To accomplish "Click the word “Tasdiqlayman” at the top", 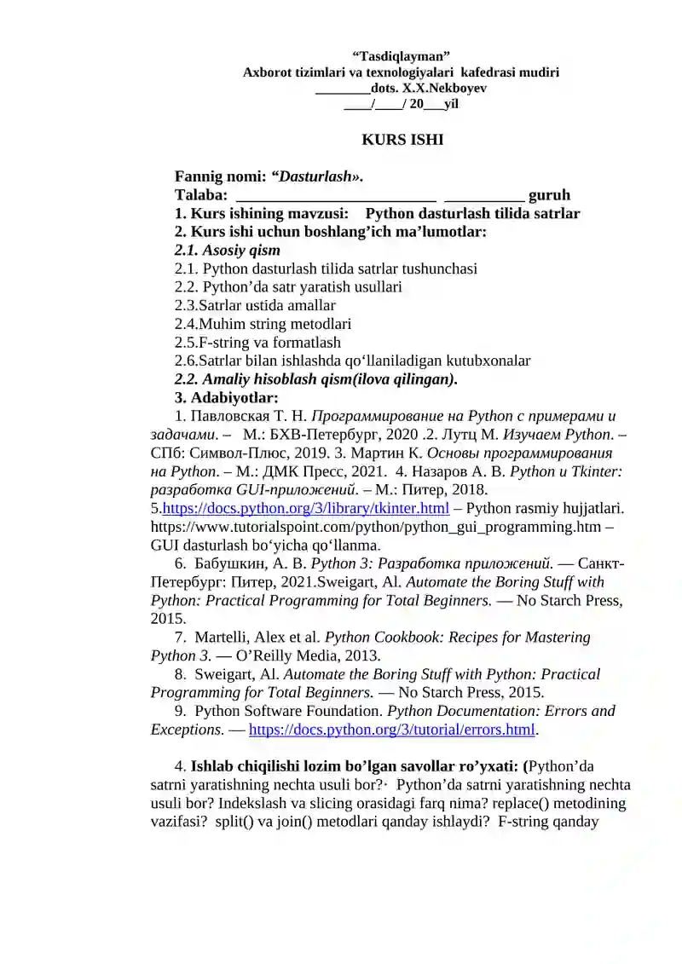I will coord(401,56).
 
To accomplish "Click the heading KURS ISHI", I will coord(402,139).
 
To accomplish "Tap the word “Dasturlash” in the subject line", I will coord(315,176).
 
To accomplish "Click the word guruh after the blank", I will coord(550,195).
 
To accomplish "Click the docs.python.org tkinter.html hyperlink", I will coord(306,509).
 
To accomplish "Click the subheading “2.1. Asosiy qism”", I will coord(228,251).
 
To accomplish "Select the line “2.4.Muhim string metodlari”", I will coord(263,324).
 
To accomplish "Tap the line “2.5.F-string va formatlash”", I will coord(257,343).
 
